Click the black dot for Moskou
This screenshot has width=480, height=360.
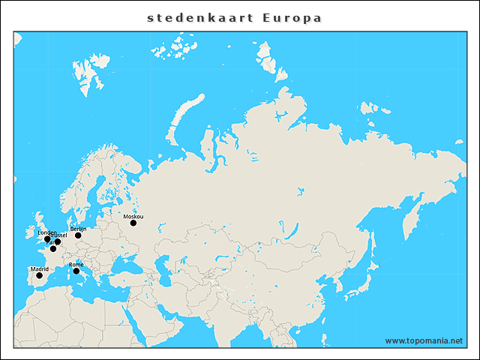(x=133, y=223)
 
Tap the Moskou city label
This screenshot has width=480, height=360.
(x=133, y=216)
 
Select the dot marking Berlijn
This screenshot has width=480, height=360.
(x=78, y=235)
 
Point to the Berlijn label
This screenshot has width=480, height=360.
(x=78, y=229)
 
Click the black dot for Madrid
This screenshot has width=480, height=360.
(x=39, y=275)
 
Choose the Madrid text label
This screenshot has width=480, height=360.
(x=39, y=268)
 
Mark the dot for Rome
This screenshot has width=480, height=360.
(x=76, y=271)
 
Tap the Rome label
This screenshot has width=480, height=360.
(x=76, y=264)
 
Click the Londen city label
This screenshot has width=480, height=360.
(x=46, y=232)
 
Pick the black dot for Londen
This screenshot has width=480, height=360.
(x=47, y=239)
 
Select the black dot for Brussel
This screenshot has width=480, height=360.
(x=58, y=242)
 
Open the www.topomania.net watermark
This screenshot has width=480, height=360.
(x=424, y=340)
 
